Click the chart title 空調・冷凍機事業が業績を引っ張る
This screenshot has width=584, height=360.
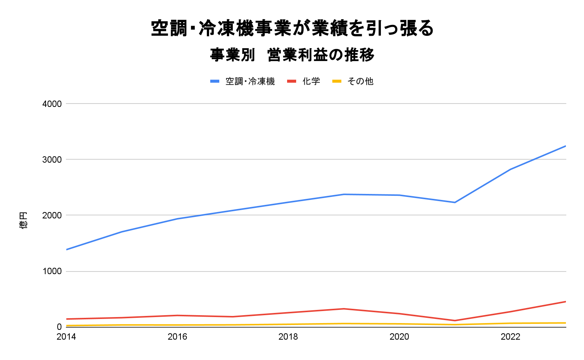pyautogui.click(x=292, y=28)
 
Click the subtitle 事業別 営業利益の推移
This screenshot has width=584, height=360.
pyautogui.click(x=292, y=55)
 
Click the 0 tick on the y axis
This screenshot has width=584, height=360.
pyautogui.click(x=59, y=327)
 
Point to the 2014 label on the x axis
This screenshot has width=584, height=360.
pyautogui.click(x=66, y=337)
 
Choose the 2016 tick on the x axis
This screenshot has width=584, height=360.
pyautogui.click(x=177, y=337)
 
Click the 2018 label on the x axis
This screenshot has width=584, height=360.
pyautogui.click(x=288, y=337)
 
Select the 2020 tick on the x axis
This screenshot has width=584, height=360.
pyautogui.click(x=399, y=337)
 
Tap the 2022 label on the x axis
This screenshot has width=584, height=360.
pyautogui.click(x=511, y=337)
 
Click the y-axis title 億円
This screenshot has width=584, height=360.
pyautogui.click(x=23, y=220)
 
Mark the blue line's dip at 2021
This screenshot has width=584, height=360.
pyautogui.click(x=455, y=202)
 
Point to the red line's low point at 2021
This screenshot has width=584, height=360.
pyautogui.click(x=455, y=320)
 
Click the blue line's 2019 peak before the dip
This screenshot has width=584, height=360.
pyautogui.click(x=344, y=194)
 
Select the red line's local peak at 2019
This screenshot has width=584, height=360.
pyautogui.click(x=344, y=309)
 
